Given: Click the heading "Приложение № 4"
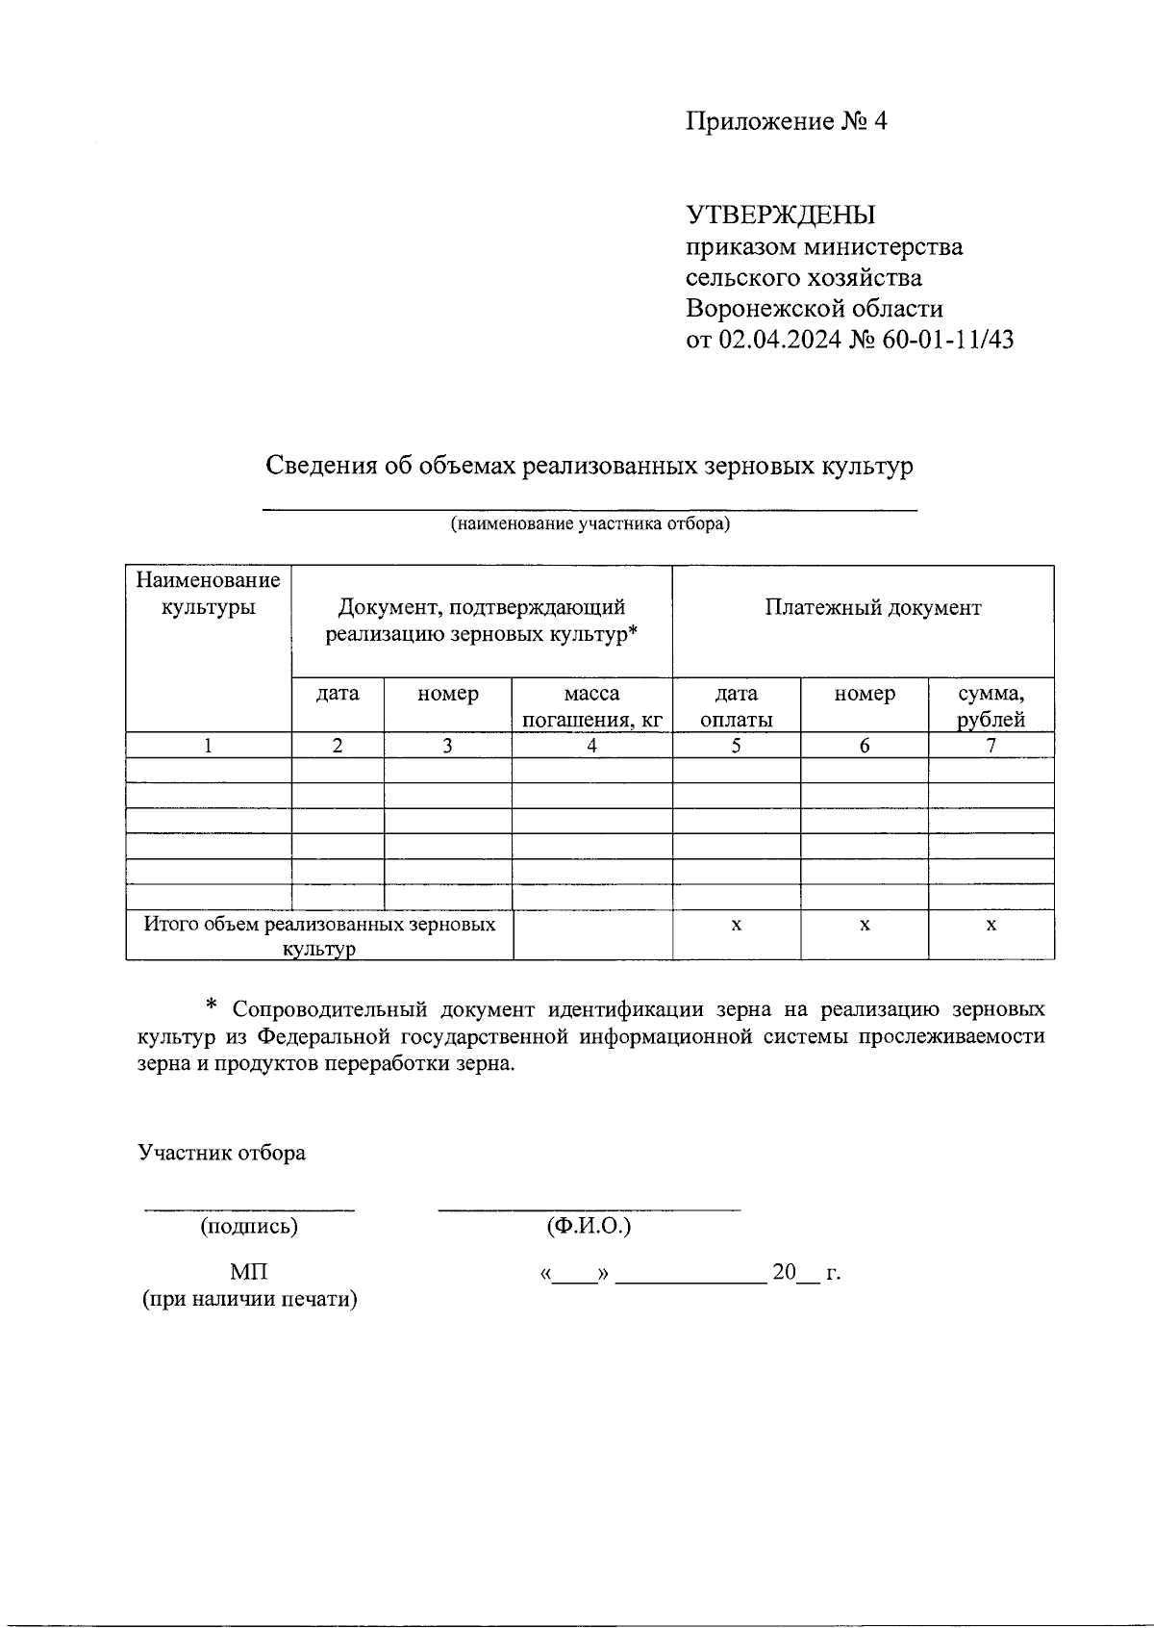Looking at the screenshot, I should click(x=786, y=122).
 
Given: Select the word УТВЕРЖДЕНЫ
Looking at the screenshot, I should click(x=780, y=215).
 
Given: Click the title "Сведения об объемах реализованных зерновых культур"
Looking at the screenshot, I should click(x=590, y=467).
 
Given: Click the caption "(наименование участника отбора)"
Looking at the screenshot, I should click(x=590, y=524).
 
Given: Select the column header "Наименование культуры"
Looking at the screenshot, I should click(x=208, y=594).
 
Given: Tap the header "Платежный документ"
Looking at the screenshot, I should click(x=873, y=607).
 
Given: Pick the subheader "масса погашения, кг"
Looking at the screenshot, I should click(x=591, y=706).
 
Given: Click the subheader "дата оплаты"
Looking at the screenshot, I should click(x=736, y=706).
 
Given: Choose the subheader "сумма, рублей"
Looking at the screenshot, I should click(x=991, y=706).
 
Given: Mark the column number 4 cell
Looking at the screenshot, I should click(x=591, y=746).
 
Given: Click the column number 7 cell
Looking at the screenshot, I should click(x=991, y=746).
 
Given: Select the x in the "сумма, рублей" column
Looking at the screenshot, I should click(x=991, y=925).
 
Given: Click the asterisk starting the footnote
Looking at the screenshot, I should click(x=213, y=1006).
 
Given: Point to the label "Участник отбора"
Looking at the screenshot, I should click(x=221, y=1153).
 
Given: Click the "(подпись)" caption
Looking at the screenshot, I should click(x=249, y=1227).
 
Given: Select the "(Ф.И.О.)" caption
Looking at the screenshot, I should click(x=589, y=1227).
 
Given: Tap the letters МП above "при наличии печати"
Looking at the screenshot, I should click(x=249, y=1272).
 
